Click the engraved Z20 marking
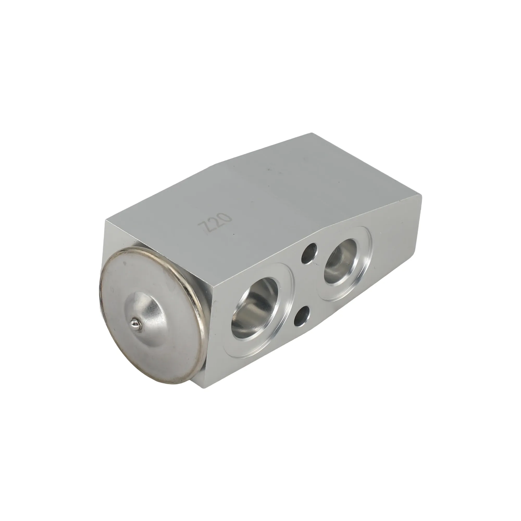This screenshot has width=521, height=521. point(215,225)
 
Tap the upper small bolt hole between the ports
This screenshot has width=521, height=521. point(309,255)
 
